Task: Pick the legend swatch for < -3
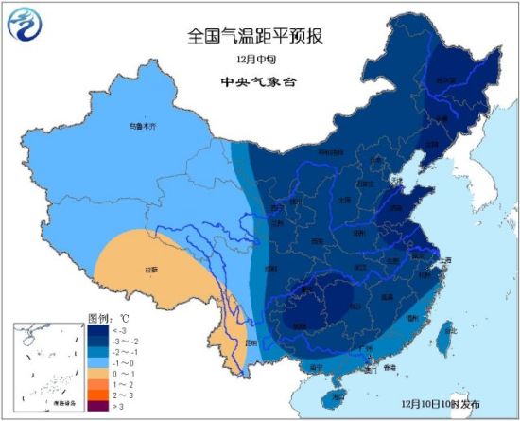click(x=99, y=331)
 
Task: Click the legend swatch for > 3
click(x=99, y=406)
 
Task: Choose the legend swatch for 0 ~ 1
click(x=99, y=374)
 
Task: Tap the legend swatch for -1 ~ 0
click(x=99, y=363)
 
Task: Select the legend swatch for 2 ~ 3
click(x=99, y=395)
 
